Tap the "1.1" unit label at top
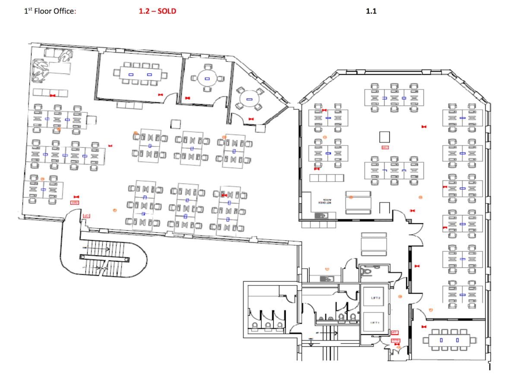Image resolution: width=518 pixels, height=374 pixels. pos(371,11)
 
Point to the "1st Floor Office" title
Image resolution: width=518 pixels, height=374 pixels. pos(50,11)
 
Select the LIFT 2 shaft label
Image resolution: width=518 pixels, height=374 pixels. pos(374,298)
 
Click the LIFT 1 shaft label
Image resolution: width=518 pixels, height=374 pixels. pos(374,323)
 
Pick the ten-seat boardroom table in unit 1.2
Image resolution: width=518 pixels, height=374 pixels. pos(140,75)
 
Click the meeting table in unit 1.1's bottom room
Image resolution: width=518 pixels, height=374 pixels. pos(449,340)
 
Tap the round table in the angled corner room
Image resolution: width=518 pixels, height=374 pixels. pos(249,99)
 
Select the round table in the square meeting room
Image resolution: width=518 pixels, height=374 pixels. pos(207,79)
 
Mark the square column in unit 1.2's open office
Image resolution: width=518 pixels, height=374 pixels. pos(175,124)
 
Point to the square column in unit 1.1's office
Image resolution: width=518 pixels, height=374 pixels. pos(385,137)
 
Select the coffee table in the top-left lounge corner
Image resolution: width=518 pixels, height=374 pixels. pos(60,68)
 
